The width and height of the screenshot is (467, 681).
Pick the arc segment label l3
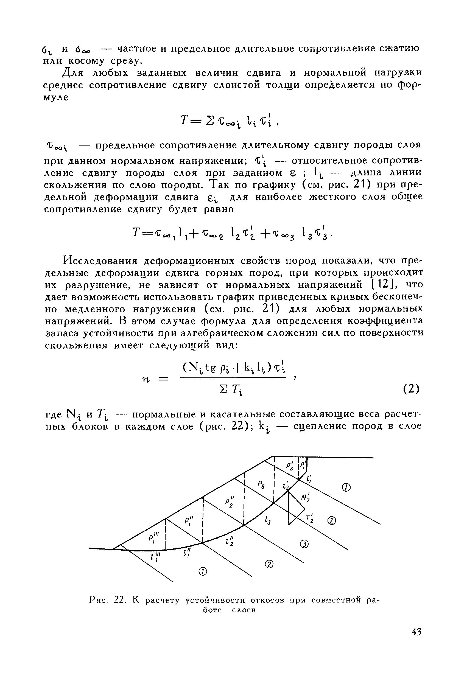[x=267, y=521]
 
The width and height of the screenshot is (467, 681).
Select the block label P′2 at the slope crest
[x=290, y=464]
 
